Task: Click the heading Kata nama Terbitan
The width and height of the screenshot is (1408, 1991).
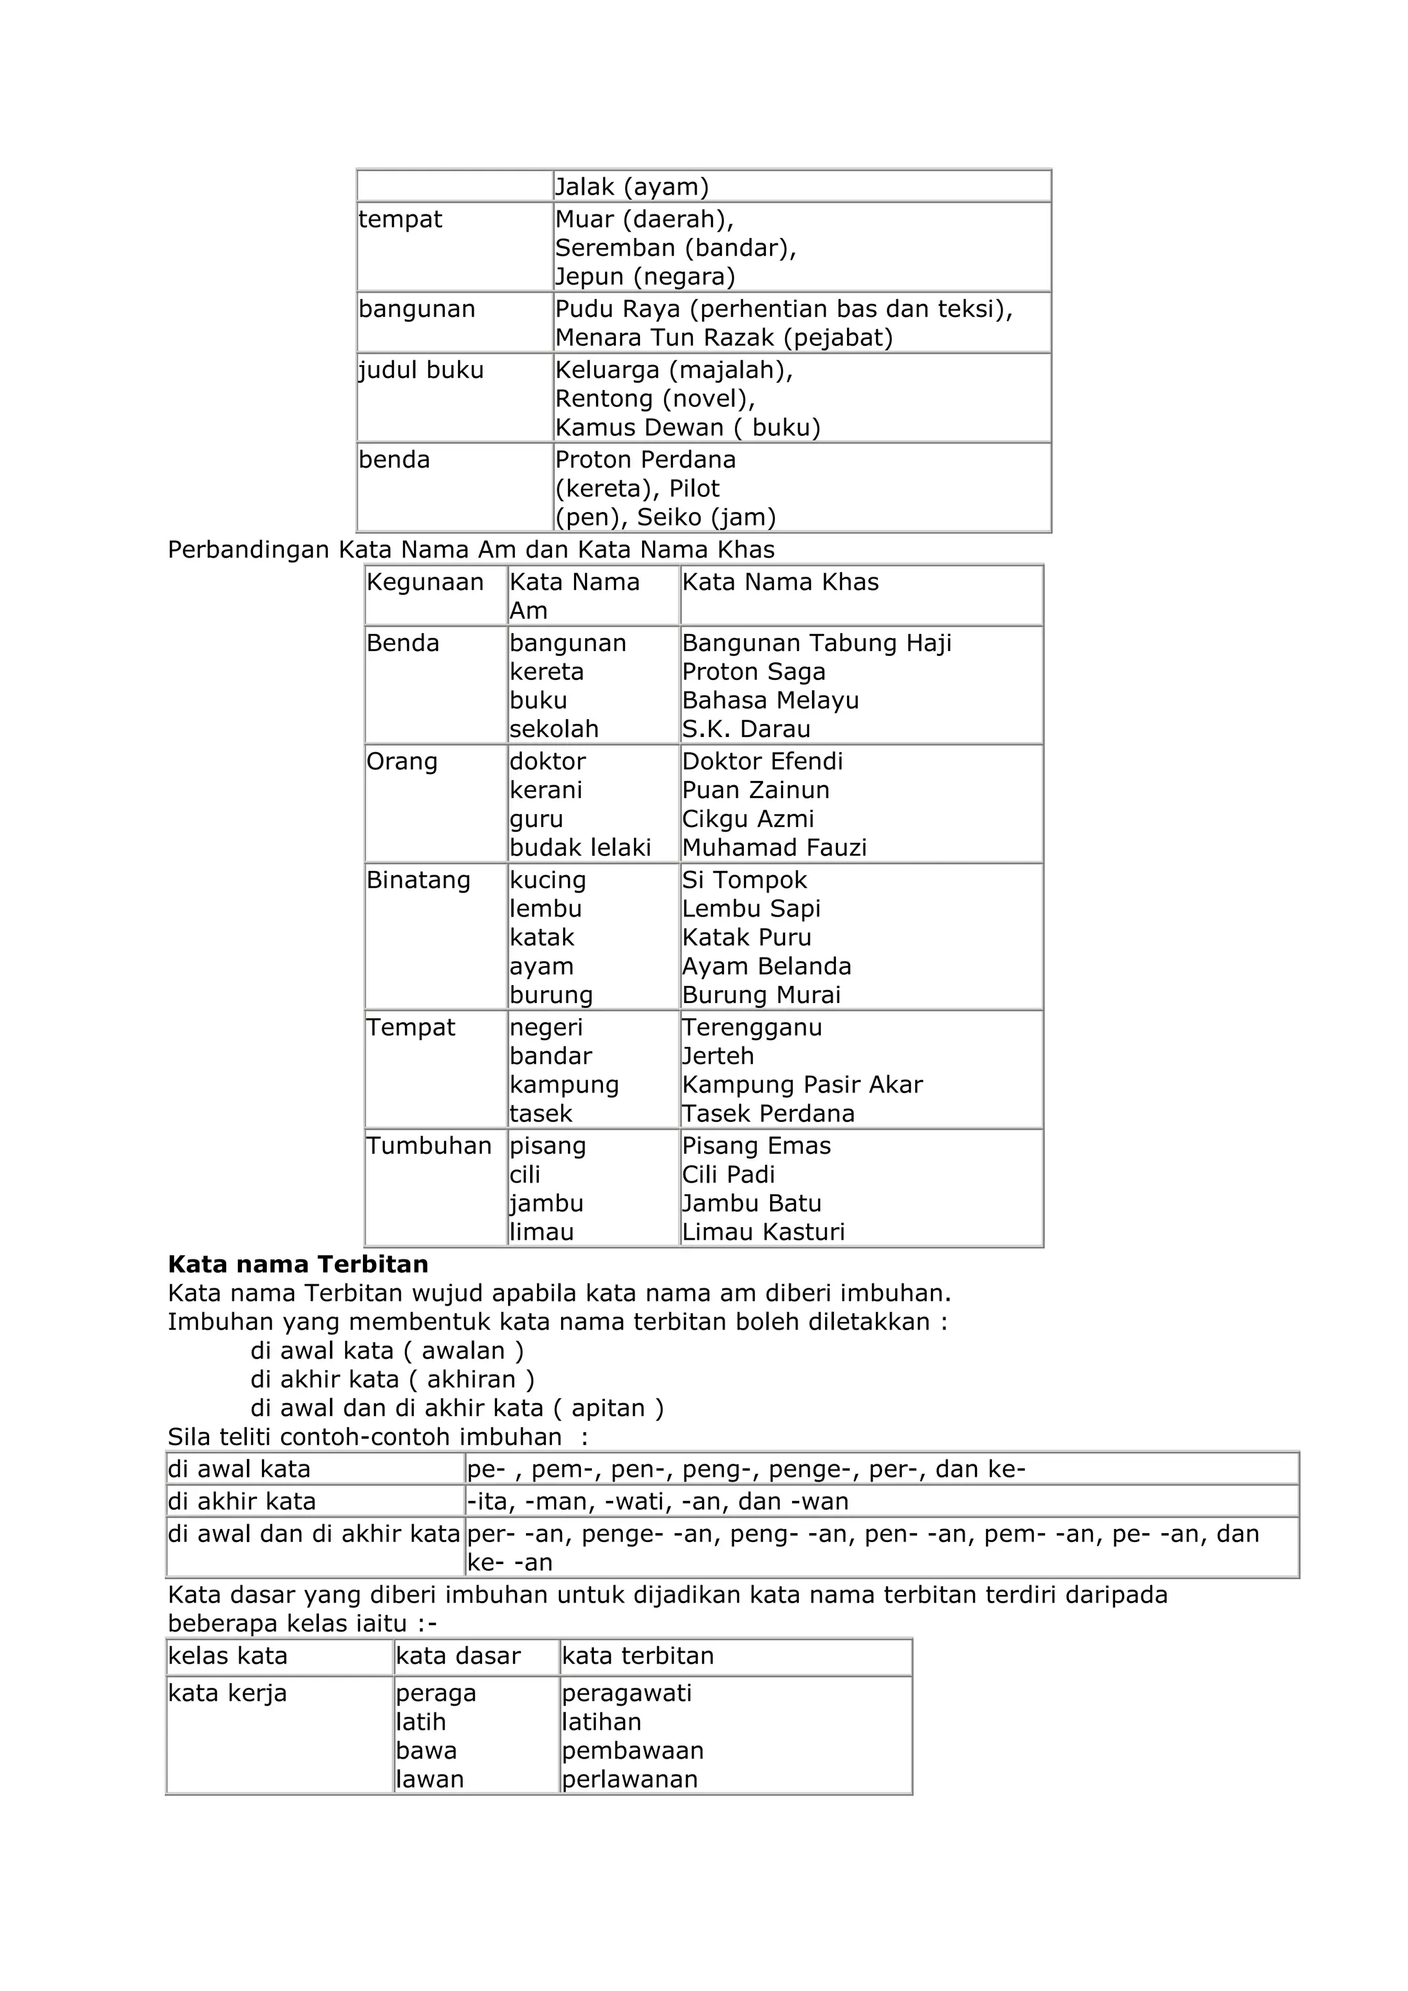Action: tap(298, 1264)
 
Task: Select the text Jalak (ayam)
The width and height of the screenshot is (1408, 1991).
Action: tap(631, 186)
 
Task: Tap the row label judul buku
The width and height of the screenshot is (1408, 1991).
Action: tap(421, 371)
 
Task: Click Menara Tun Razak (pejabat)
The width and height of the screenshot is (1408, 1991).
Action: tap(724, 338)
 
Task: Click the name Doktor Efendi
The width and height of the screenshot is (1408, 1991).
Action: tap(762, 761)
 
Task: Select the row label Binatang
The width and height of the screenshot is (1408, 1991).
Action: tap(418, 880)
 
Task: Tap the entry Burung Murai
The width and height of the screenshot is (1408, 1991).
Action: tap(761, 995)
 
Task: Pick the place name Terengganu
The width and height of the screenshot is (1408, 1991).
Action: tap(751, 1028)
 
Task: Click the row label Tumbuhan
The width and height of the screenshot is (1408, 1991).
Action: tap(428, 1145)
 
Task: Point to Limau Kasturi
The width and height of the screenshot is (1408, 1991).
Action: tap(763, 1231)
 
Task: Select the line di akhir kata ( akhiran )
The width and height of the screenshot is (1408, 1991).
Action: tap(392, 1380)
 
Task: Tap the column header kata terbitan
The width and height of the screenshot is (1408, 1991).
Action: tap(637, 1655)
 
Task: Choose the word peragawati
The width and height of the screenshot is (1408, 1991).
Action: tap(627, 1693)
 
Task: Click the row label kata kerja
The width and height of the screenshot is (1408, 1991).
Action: tap(227, 1693)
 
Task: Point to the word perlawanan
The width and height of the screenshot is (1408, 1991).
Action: tap(630, 1779)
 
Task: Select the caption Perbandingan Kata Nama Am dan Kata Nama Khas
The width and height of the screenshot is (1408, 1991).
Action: tap(471, 550)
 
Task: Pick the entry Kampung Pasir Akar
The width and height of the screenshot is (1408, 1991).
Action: tap(802, 1085)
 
